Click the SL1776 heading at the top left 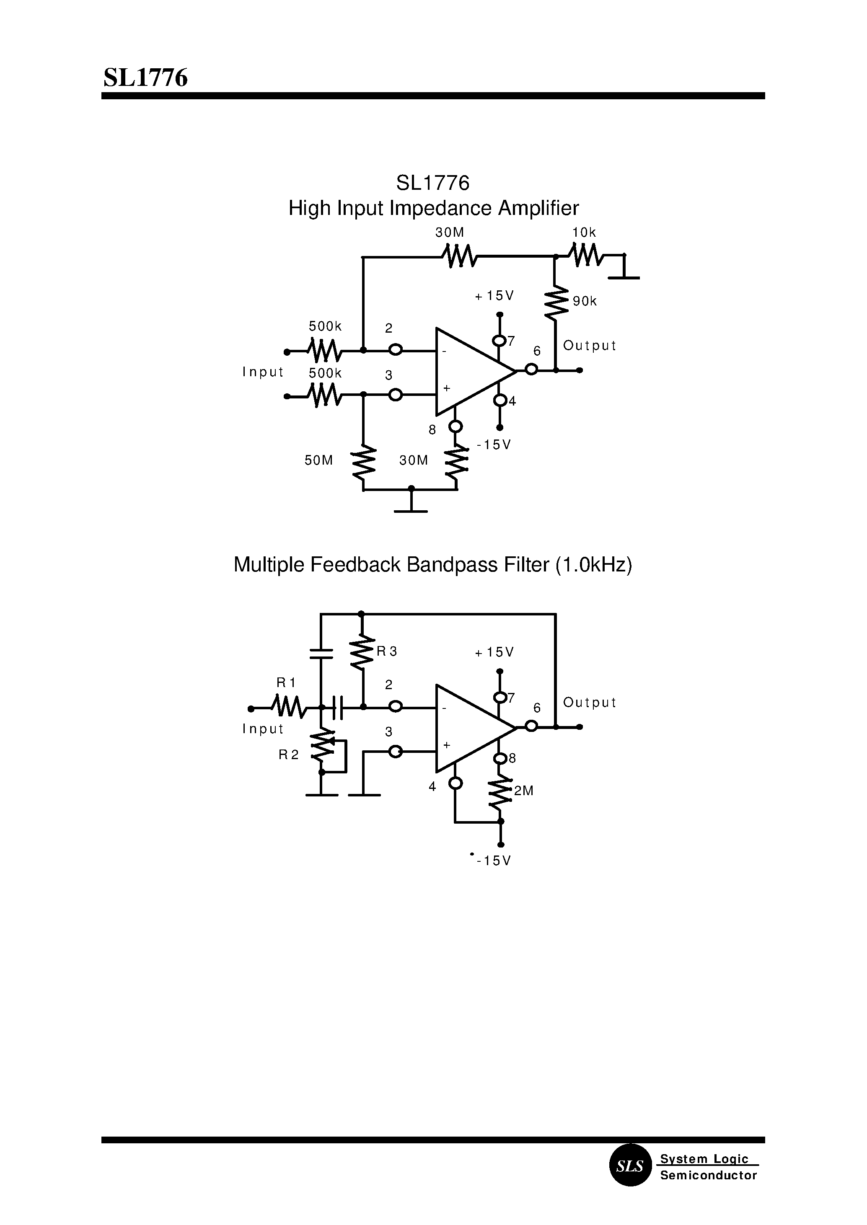point(145,78)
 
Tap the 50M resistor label point(319,460)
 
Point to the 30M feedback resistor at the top point(460,256)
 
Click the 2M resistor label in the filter point(524,791)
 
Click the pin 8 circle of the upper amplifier point(455,426)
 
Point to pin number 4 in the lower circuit point(432,786)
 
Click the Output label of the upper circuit point(590,346)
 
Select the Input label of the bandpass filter point(263,729)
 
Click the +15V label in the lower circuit point(494,652)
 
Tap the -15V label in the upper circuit point(494,445)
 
